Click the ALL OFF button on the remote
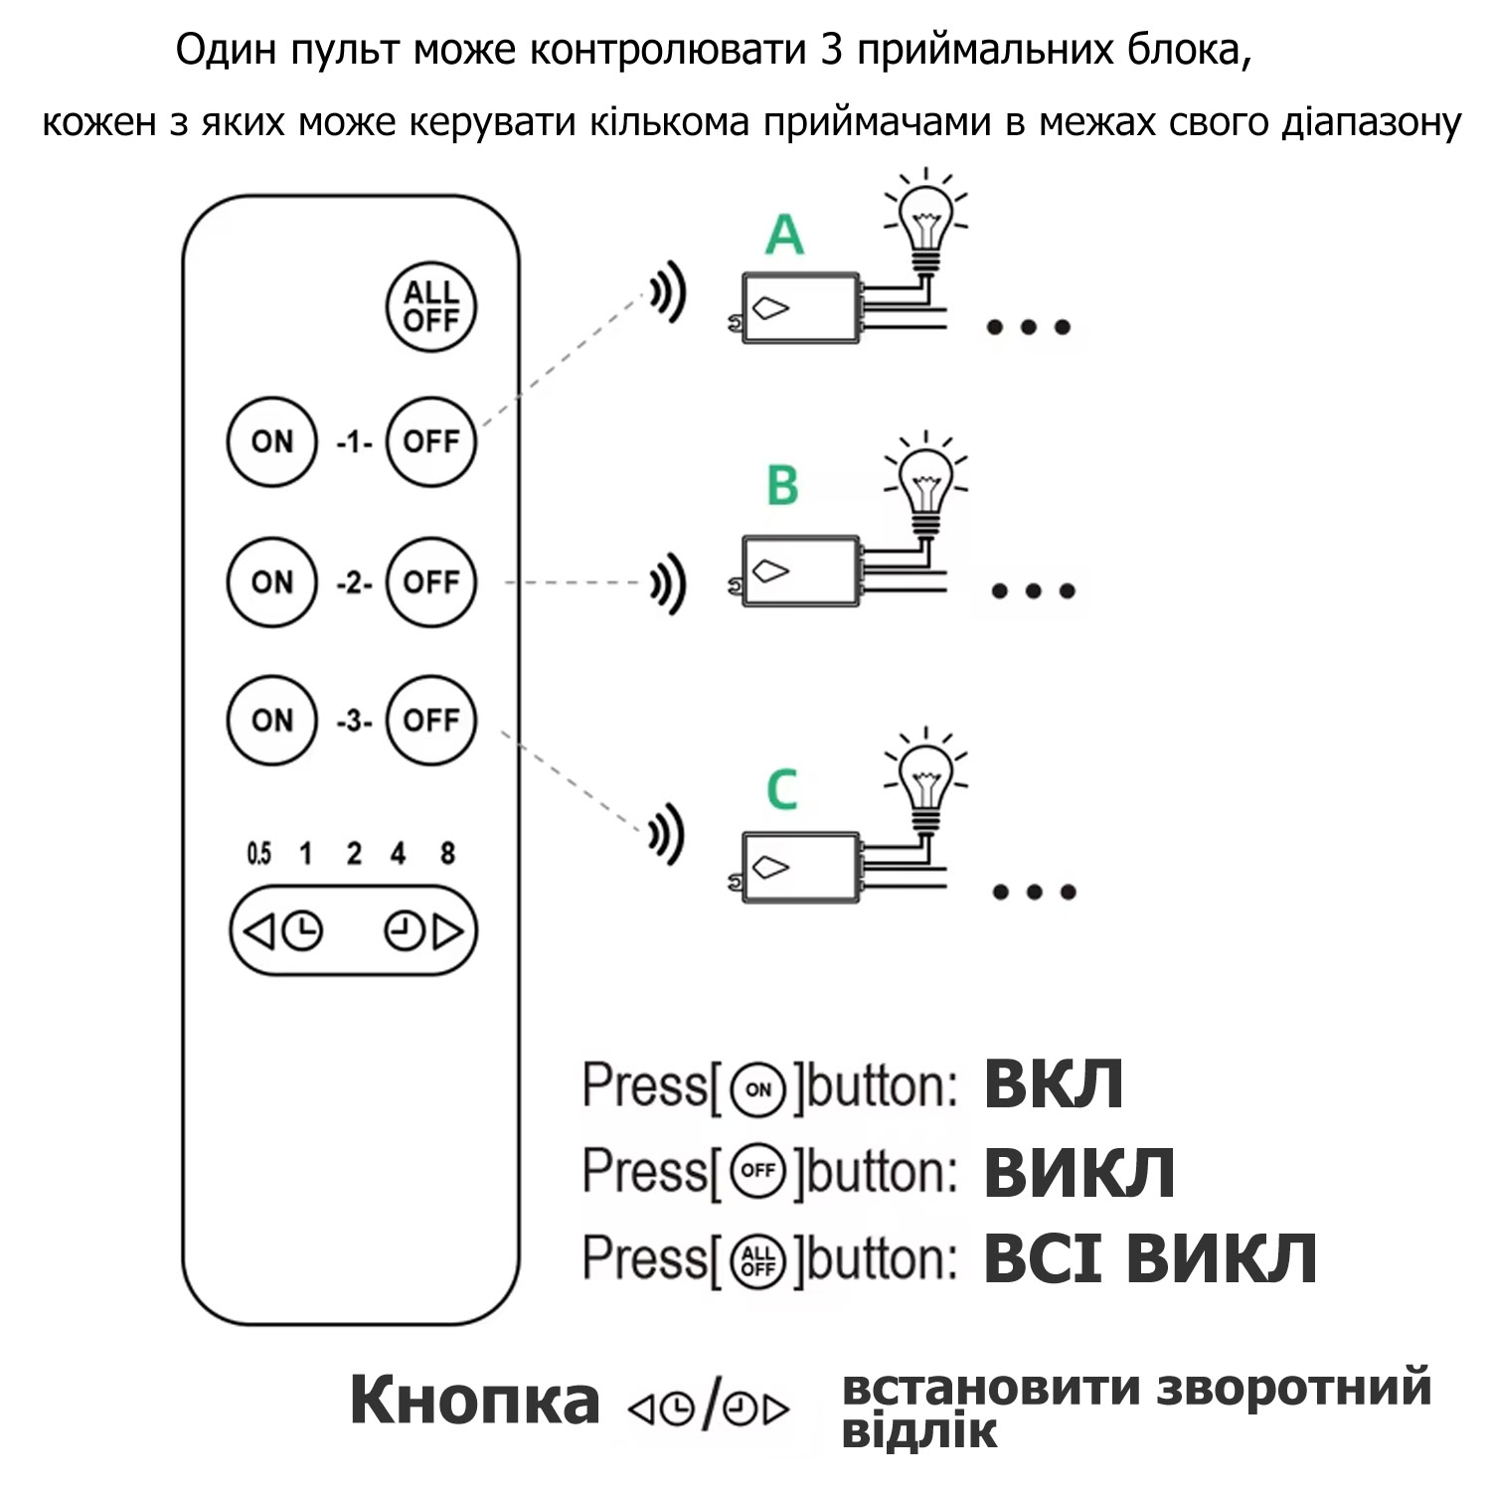click(x=430, y=306)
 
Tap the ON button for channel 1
click(x=271, y=441)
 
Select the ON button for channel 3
click(x=271, y=720)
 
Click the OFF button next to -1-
click(x=430, y=441)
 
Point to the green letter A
click(x=784, y=236)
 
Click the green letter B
click(x=782, y=486)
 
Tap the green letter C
click(x=782, y=790)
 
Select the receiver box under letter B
click(x=801, y=571)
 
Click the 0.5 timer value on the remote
click(x=258, y=853)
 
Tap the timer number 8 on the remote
click(x=447, y=853)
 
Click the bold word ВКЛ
click(x=1054, y=1083)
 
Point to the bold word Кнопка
click(x=474, y=1400)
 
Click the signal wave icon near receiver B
click(x=668, y=582)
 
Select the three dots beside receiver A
click(x=1028, y=327)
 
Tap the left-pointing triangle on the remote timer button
click(x=258, y=931)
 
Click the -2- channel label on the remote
click(x=354, y=582)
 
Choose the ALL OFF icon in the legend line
click(x=757, y=1260)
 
